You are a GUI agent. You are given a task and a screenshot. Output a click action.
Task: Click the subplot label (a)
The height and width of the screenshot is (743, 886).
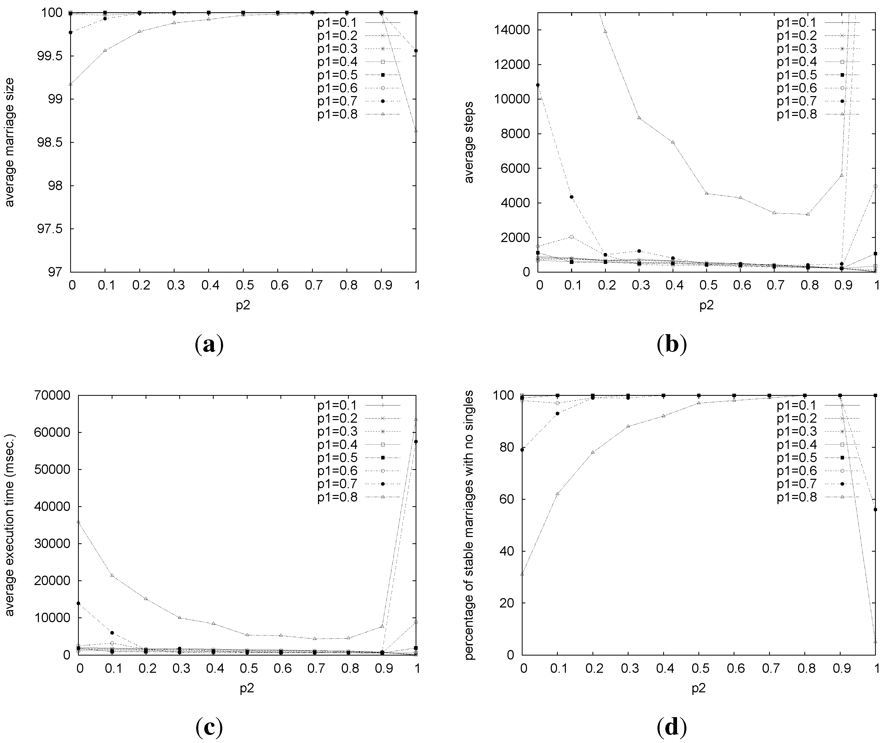(209, 345)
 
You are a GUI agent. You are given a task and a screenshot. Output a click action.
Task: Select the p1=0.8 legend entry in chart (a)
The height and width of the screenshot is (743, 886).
(338, 114)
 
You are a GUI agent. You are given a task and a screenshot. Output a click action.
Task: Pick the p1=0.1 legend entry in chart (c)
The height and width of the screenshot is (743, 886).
(338, 405)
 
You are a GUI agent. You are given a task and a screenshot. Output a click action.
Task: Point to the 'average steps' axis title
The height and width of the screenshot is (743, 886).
(469, 142)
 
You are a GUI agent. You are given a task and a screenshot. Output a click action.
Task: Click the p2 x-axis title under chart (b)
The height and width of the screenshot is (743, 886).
(707, 305)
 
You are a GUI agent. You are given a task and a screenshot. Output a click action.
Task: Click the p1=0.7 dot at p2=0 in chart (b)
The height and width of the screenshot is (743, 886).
(538, 85)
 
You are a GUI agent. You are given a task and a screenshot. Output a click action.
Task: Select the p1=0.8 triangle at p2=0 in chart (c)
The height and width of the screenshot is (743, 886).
(79, 522)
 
